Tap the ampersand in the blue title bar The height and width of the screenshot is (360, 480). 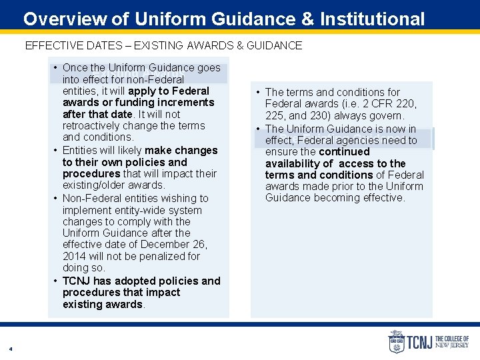coord(307,19)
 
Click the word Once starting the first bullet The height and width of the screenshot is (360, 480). coord(75,67)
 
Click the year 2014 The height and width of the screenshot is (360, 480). coord(74,256)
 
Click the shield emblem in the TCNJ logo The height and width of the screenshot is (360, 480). coord(396,342)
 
